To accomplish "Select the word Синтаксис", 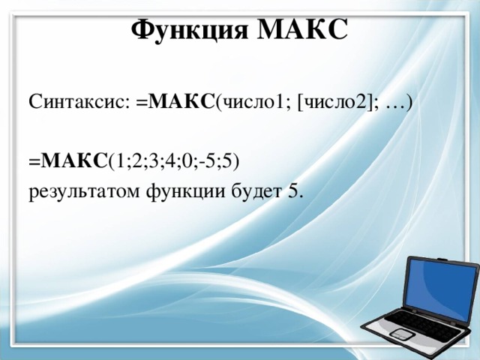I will [x=79, y=102].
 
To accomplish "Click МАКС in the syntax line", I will [x=181, y=102].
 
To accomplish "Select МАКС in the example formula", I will [x=75, y=159].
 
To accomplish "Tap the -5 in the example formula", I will [x=208, y=159].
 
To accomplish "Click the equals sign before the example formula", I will [x=34, y=160].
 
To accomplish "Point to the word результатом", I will [x=75, y=192].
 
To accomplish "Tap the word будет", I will [x=256, y=192].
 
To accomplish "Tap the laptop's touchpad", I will [x=400, y=334].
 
